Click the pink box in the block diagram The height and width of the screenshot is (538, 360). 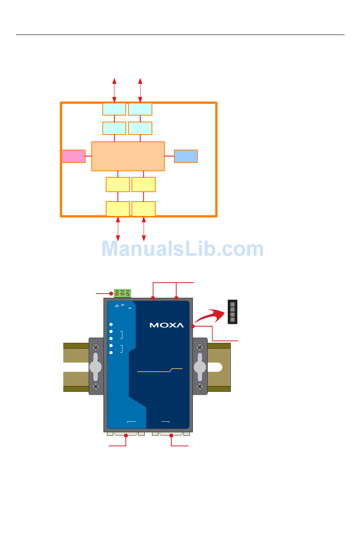(x=74, y=156)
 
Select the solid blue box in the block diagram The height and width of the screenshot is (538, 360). (x=186, y=156)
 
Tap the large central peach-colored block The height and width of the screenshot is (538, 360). (x=128, y=156)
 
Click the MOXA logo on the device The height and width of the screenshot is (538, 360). (x=166, y=325)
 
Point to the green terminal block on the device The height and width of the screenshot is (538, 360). (x=122, y=293)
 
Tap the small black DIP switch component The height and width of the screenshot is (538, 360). (x=232, y=312)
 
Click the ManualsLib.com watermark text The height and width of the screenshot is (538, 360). (x=182, y=249)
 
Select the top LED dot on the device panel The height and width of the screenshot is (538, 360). (x=111, y=324)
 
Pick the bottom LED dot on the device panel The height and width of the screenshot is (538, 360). (x=111, y=353)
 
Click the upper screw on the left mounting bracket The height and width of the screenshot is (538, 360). (x=96, y=347)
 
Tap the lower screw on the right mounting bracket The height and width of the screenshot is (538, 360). (x=200, y=386)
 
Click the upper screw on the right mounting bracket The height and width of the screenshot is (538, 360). (x=200, y=347)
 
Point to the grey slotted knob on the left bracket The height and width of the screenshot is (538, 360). (x=95, y=367)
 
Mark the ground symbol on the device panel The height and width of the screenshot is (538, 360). (x=117, y=306)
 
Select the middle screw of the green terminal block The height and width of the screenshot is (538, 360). (x=122, y=294)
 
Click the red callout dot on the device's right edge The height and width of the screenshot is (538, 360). (x=193, y=326)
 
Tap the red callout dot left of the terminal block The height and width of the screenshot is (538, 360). (x=111, y=293)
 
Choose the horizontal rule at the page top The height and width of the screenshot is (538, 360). (x=180, y=35)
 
